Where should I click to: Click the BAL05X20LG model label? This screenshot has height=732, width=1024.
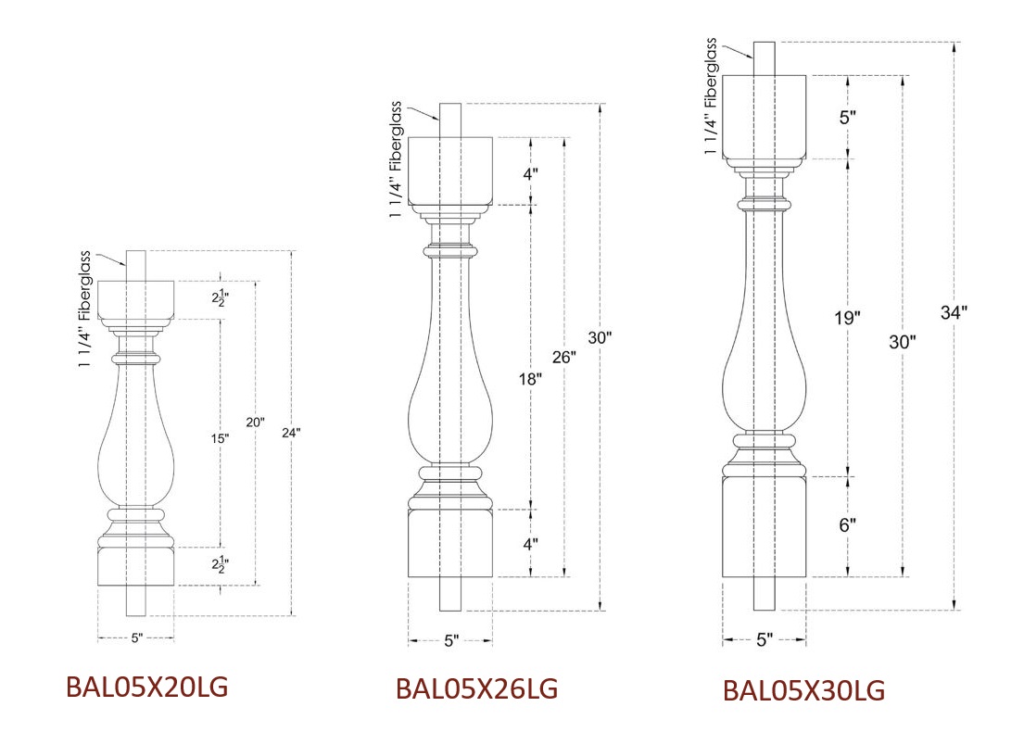(147, 687)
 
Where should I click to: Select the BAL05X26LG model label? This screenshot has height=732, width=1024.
(476, 688)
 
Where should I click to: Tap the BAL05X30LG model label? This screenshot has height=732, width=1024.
(804, 691)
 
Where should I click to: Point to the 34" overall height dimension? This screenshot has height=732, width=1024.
(954, 313)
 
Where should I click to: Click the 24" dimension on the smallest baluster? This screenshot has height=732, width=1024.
(291, 433)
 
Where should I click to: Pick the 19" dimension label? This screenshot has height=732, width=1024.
(847, 318)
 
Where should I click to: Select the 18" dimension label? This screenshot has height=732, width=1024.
(530, 379)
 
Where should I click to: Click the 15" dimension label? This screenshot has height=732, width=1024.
(220, 438)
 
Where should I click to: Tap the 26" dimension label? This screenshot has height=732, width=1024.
(564, 357)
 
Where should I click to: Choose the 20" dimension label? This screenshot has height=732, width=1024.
(256, 423)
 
